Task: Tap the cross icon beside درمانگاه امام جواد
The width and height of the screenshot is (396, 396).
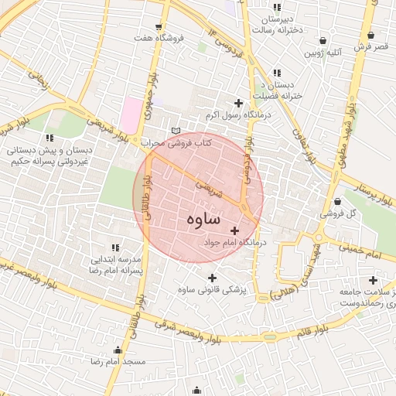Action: (x=235, y=230)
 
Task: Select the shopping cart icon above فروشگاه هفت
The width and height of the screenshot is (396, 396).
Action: (x=159, y=26)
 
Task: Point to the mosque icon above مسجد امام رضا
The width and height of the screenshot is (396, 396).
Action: (x=118, y=350)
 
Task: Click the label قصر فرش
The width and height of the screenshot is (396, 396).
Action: (x=370, y=47)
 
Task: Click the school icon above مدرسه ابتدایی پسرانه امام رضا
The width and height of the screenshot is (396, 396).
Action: (x=114, y=247)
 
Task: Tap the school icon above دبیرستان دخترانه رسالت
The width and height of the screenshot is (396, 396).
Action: (x=276, y=7)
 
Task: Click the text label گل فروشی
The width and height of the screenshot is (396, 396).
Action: (x=341, y=213)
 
